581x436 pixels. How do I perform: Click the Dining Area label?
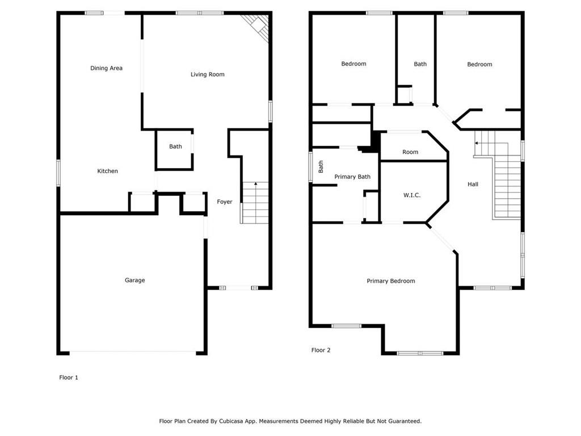pyautogui.click(x=106, y=68)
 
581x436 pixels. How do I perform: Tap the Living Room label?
pyautogui.click(x=208, y=74)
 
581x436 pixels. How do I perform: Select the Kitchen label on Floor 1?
pyautogui.click(x=107, y=171)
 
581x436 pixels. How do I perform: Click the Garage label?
pyautogui.click(x=135, y=280)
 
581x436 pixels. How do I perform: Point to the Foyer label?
pyautogui.click(x=225, y=202)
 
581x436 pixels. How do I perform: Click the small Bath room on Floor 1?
pyautogui.click(x=175, y=149)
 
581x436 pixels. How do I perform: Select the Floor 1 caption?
pyautogui.click(x=69, y=378)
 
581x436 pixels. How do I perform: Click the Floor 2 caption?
pyautogui.click(x=321, y=350)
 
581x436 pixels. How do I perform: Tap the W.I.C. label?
pyautogui.click(x=412, y=195)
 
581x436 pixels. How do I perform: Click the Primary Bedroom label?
pyautogui.click(x=391, y=281)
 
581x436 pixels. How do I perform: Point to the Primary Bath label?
pyautogui.click(x=352, y=177)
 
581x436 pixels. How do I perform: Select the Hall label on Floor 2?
pyautogui.click(x=473, y=185)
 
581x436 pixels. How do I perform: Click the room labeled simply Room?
pyautogui.click(x=410, y=152)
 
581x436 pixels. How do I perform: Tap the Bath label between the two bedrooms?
pyautogui.click(x=420, y=64)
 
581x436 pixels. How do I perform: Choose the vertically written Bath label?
pyautogui.click(x=321, y=166)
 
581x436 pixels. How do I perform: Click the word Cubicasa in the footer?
pyautogui.click(x=232, y=421)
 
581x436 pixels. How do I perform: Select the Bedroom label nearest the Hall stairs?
pyautogui.click(x=479, y=65)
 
